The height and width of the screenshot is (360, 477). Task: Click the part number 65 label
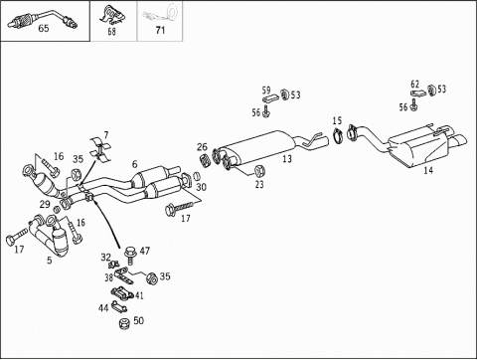[x=44, y=28]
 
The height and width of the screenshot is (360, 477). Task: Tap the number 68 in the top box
[x=112, y=32]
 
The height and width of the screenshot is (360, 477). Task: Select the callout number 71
[x=160, y=30]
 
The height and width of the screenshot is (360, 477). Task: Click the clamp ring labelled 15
[x=338, y=136]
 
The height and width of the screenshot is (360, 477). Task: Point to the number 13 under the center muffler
[x=287, y=159]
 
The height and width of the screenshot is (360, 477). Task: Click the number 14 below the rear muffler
[x=428, y=170]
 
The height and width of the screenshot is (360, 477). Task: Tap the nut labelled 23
[x=260, y=171]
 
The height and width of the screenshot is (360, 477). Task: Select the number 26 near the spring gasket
[x=202, y=147]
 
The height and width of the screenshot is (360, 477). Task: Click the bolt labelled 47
[x=130, y=255]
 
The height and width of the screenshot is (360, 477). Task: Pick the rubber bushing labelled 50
[x=124, y=324]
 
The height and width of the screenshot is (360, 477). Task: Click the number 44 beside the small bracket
[x=103, y=308]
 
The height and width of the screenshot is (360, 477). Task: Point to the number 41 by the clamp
[x=139, y=295]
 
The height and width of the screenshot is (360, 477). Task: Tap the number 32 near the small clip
[x=106, y=258]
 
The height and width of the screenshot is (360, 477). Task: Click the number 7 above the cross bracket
[x=105, y=135]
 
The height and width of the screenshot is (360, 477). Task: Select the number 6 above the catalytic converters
[x=134, y=164]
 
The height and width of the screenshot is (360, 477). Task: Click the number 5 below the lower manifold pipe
[x=49, y=261]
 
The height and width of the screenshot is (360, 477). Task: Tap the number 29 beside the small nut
[x=45, y=204]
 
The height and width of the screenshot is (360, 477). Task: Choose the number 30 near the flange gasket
[x=201, y=187]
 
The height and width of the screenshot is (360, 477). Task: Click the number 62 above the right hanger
[x=415, y=85]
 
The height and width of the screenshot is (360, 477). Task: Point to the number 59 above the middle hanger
[x=266, y=90]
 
